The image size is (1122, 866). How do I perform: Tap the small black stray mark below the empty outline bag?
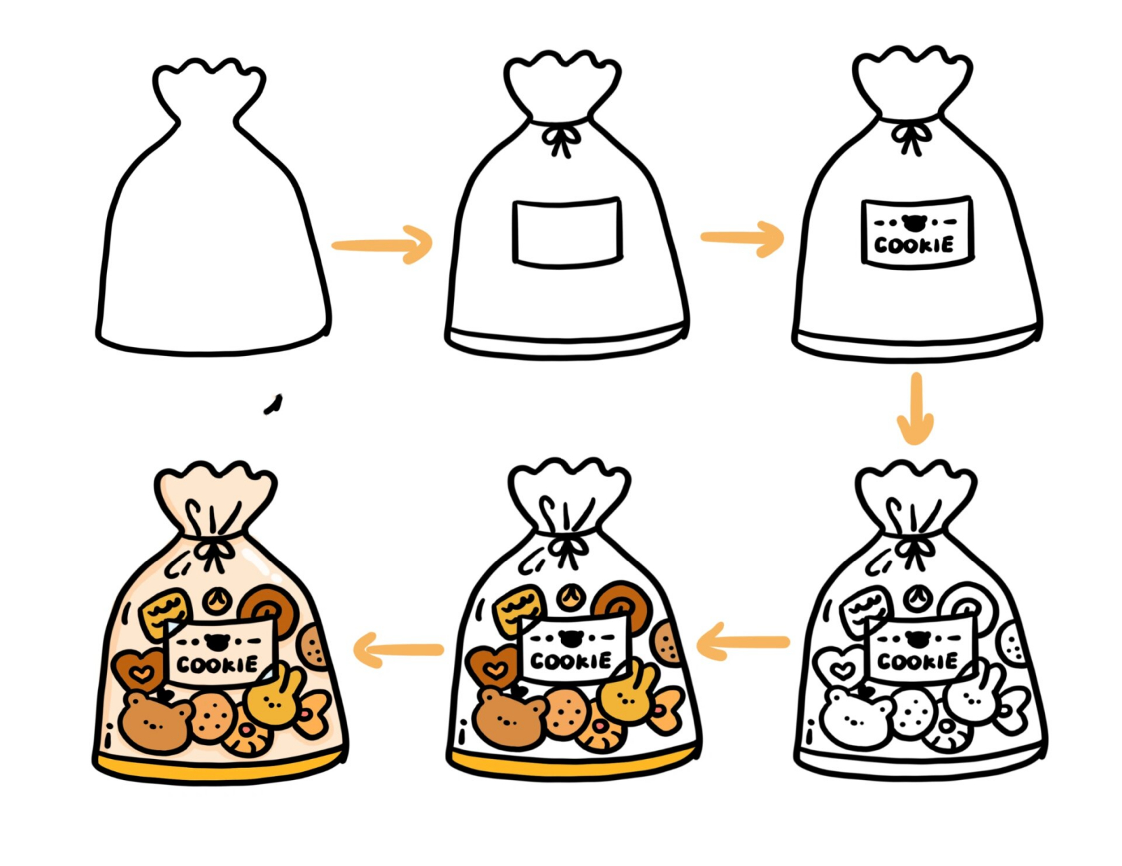click(273, 404)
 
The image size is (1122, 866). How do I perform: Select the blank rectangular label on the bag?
click(567, 232)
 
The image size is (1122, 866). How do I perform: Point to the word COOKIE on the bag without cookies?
click(914, 245)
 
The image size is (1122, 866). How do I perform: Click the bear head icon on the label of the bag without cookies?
click(915, 223)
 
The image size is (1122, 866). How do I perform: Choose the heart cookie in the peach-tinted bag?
click(138, 669)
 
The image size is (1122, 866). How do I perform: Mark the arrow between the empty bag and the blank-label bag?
click(382, 245)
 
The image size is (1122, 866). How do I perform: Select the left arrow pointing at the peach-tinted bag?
click(398, 649)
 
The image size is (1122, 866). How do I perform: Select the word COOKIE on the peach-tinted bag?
click(217, 664)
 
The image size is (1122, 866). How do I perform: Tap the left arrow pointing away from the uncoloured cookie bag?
click(743, 642)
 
